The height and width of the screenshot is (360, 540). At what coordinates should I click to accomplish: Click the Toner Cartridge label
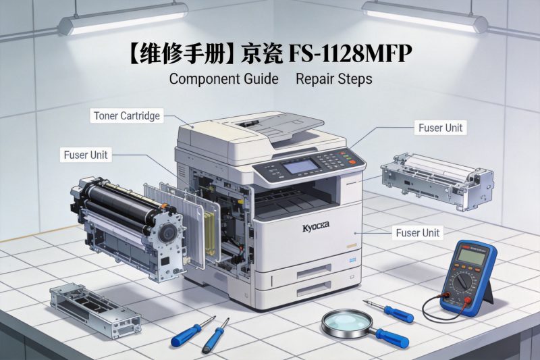click(x=126, y=115)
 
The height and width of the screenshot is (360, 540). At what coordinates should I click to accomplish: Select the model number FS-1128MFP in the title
click(x=350, y=53)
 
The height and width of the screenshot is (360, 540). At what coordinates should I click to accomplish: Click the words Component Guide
click(x=223, y=79)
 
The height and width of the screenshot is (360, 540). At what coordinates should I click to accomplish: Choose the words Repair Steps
click(x=333, y=79)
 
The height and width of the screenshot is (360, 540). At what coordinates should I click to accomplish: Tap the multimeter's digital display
click(x=471, y=255)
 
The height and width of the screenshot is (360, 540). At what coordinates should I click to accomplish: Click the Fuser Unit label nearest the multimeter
click(x=416, y=233)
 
